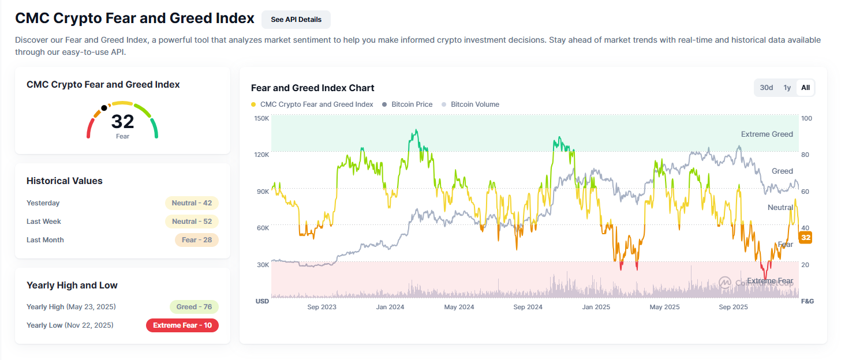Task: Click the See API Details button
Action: [296, 19]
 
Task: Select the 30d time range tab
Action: [766, 88]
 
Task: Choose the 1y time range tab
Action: [787, 88]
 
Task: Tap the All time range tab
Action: [805, 88]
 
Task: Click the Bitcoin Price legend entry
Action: [412, 104]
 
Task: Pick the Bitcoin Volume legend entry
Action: [474, 104]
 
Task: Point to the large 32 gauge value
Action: [122, 122]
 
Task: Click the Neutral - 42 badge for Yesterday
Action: [192, 203]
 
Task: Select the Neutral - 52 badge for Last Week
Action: [192, 222]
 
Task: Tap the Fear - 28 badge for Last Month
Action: [196, 240]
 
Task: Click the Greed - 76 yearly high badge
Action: [194, 307]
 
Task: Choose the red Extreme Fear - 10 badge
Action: [182, 325]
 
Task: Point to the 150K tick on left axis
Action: [261, 118]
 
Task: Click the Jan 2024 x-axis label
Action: [390, 307]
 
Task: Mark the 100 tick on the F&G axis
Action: [806, 118]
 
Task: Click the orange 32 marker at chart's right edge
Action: [806, 237]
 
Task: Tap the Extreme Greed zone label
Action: [767, 134]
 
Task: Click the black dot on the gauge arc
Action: [104, 108]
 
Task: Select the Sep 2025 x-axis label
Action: [733, 307]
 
